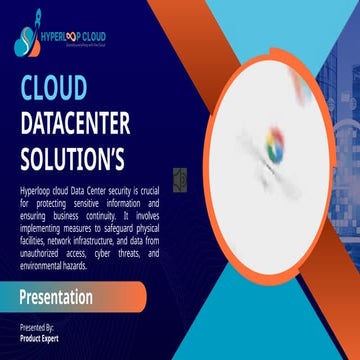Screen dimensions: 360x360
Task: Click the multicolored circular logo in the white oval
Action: coord(272,150)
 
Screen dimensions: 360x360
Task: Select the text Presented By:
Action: coord(37,327)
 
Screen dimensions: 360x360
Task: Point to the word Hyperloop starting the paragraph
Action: coord(36,189)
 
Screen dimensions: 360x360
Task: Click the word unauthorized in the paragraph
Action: coord(44,254)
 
